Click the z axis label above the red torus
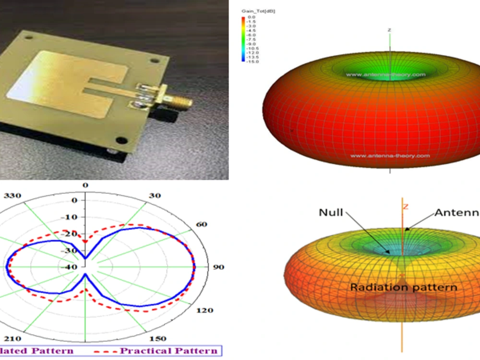389,30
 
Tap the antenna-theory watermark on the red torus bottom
390,156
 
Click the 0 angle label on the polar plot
85,185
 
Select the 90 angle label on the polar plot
219,267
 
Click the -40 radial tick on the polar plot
70,267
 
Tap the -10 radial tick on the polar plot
71,217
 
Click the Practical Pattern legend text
168,350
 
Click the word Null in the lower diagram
331,212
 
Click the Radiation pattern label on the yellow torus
403,288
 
